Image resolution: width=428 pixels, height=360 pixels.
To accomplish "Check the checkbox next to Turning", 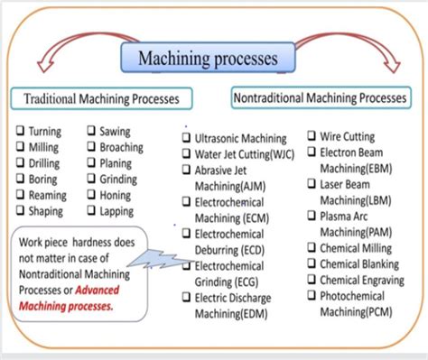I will pyautogui.click(x=19, y=132).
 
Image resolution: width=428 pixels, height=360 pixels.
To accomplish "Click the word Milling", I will pyautogui.click(x=45, y=148).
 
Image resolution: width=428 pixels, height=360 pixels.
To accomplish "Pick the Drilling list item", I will pyautogui.click(x=45, y=164).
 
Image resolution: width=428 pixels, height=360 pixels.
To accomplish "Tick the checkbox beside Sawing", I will pyautogui.click(x=91, y=132).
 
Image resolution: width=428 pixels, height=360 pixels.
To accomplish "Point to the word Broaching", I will pyautogui.click(x=122, y=148).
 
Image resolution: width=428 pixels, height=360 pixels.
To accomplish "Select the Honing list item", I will pyautogui.click(x=117, y=197).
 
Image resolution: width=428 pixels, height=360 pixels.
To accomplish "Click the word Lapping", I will pyautogui.click(x=118, y=213).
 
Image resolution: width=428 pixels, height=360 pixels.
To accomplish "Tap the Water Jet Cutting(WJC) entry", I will pyautogui.click(x=246, y=155).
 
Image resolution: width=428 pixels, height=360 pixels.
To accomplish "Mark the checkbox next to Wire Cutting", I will pyautogui.click(x=312, y=137).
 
